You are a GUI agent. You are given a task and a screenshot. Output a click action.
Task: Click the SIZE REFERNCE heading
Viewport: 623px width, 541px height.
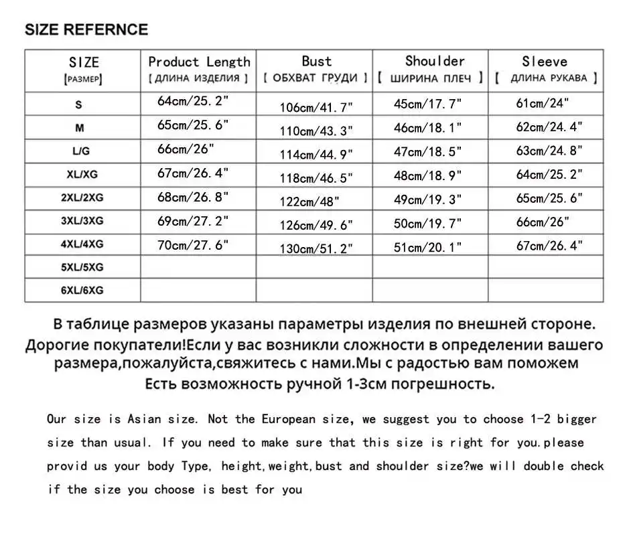86,30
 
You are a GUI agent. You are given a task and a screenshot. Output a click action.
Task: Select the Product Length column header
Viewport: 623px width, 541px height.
199,62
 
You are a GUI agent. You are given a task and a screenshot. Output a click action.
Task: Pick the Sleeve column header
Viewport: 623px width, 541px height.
545,62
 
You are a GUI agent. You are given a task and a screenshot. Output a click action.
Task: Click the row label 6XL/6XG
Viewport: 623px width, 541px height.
82,291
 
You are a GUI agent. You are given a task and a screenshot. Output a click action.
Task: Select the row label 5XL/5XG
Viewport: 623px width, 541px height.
82,267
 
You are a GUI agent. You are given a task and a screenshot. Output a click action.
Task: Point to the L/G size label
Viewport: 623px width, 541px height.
80,152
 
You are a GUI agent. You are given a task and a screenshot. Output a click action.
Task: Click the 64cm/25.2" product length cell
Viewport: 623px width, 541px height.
193,102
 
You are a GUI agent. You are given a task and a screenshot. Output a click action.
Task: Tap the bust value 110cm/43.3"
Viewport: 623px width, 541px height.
316,130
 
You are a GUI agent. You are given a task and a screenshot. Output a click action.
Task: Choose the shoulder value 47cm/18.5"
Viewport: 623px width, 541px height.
427,151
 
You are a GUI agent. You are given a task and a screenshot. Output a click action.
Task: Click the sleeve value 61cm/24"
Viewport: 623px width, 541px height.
542,103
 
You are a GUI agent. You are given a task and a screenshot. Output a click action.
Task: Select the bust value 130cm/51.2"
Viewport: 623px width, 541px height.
316,248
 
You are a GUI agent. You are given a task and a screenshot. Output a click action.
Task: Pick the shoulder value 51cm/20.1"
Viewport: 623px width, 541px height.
427,247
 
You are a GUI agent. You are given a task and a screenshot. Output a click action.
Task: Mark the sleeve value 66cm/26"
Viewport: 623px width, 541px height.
542,222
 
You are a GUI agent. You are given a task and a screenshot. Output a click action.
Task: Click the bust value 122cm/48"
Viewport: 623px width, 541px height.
309,201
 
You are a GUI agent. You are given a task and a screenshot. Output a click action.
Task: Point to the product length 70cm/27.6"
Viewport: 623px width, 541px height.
193,245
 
